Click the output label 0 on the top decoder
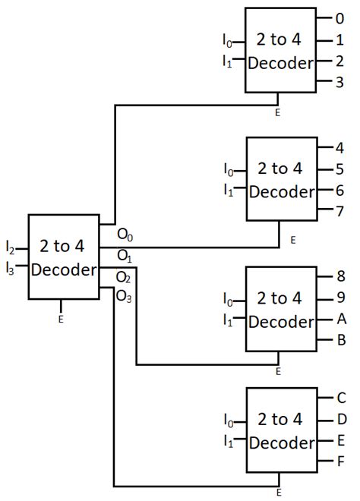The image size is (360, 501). tap(340, 18)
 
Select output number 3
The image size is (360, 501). tap(340, 82)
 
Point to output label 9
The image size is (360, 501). tap(340, 298)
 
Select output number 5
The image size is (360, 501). tap(340, 169)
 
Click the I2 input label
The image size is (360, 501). tap(10, 248)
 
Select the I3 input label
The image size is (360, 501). tap(10, 266)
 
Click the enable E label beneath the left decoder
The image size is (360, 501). tap(61, 320)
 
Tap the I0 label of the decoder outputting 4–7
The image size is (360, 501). tap(229, 169)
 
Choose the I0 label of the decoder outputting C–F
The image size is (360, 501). tap(229, 420)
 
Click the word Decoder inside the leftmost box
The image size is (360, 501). tap(63, 270)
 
